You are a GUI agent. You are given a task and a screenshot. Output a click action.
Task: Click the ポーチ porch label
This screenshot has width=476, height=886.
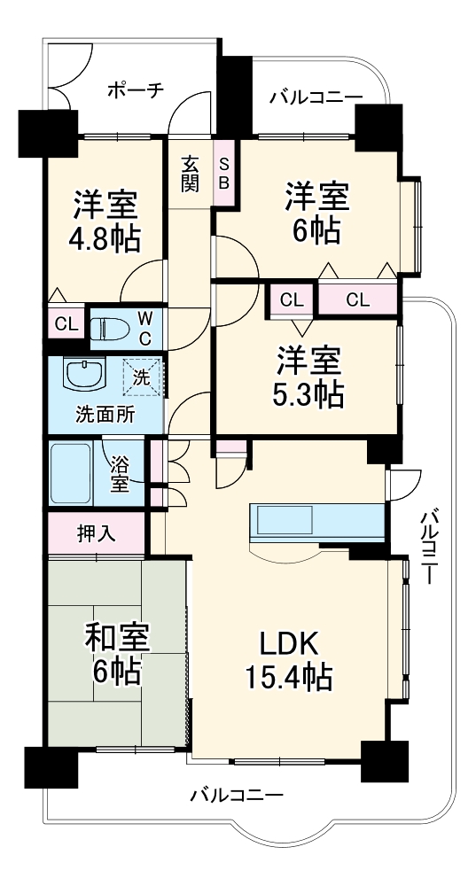click(x=136, y=90)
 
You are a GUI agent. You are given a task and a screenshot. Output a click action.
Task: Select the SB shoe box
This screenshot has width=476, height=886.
click(x=224, y=174)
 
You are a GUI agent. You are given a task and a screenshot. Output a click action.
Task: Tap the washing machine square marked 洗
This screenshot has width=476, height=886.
click(x=142, y=377)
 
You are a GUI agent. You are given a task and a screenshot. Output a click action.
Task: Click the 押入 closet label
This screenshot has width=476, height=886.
click(x=96, y=534)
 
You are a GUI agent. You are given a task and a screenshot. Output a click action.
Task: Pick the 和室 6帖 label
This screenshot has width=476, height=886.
click(x=116, y=653)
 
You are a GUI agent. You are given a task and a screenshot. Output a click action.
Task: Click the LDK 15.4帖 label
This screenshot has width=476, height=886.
click(x=287, y=660)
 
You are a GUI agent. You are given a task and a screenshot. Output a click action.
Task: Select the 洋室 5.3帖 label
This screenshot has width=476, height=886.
click(x=307, y=377)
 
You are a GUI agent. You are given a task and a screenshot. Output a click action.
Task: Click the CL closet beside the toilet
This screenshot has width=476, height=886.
click(x=66, y=323)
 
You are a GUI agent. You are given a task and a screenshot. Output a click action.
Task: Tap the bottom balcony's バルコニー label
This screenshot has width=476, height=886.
click(x=237, y=796)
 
